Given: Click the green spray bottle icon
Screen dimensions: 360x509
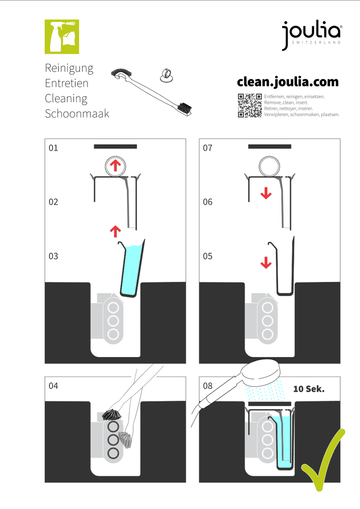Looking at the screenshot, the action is (62, 37).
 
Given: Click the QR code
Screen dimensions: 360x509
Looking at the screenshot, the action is (250, 106).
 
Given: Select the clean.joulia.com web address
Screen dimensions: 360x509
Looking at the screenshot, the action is (288, 82).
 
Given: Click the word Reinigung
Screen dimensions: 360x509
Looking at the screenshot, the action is (69, 68).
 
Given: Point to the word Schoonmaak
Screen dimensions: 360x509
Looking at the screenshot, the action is (77, 114).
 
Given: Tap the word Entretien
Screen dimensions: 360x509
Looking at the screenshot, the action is (67, 83).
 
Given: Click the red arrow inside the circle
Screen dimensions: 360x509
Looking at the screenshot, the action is (115, 165).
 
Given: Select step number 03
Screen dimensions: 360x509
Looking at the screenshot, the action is (53, 256).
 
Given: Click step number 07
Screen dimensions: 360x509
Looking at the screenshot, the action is (207, 148).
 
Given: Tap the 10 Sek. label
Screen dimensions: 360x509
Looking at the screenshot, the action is (309, 389).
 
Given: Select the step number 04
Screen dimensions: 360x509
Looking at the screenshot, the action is (53, 386).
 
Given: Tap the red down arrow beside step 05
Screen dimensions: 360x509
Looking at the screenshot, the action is (266, 263).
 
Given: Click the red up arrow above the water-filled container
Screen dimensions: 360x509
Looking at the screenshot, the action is (115, 232).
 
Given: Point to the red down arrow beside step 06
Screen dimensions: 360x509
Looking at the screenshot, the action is (266, 193).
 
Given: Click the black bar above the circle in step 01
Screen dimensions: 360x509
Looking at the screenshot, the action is (115, 147).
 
